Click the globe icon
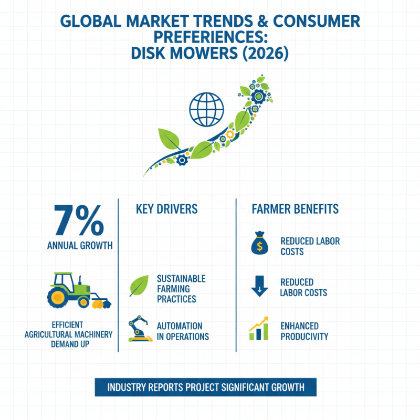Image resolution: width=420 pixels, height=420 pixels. (206, 110)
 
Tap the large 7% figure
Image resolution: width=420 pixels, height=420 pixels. (79, 220)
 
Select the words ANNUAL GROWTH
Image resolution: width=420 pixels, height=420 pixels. (80, 246)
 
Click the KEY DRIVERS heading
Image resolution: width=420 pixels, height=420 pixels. (166, 209)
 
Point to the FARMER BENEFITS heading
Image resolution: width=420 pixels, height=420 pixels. (295, 209)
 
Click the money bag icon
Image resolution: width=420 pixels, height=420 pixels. (259, 243)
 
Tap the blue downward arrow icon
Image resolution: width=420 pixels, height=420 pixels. (259, 286)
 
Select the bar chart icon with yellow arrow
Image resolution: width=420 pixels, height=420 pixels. (258, 329)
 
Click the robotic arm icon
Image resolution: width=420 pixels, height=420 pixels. (140, 329)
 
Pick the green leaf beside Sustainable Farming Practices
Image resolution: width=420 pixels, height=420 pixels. (139, 286)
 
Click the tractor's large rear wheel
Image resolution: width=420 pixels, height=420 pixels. (58, 297)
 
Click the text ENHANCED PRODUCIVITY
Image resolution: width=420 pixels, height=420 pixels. (304, 331)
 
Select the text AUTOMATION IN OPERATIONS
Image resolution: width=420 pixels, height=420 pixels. (183, 331)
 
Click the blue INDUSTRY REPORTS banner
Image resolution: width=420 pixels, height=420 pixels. (206, 387)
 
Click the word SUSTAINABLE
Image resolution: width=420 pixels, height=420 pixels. (181, 279)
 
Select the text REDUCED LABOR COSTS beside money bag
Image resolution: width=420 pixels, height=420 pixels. (310, 246)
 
